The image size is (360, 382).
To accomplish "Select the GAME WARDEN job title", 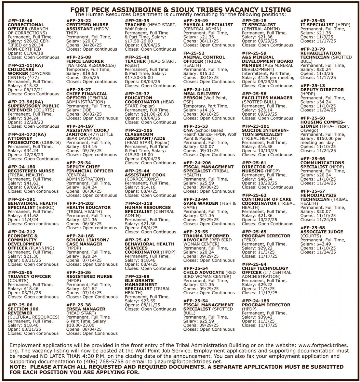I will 201,203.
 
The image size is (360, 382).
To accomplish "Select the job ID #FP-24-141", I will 197,90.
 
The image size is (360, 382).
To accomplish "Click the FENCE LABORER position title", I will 85,61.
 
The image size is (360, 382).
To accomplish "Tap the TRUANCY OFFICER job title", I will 29,276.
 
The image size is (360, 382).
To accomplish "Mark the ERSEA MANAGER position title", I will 86,309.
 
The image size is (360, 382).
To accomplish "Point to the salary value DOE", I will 87,110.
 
